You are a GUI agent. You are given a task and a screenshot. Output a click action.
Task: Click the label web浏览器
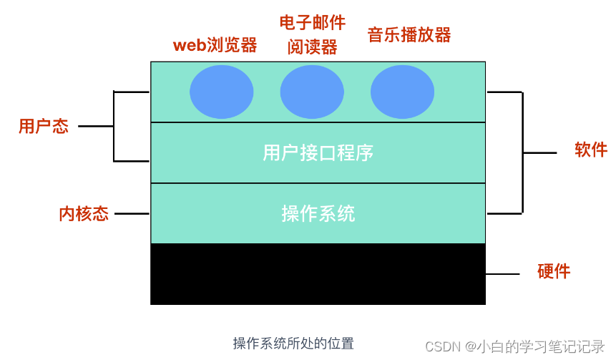point(215,45)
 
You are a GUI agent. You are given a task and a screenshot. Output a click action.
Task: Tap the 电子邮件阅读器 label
point(312,34)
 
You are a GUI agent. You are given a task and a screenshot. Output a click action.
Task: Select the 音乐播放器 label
point(409,34)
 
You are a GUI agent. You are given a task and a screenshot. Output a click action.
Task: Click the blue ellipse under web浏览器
point(221,92)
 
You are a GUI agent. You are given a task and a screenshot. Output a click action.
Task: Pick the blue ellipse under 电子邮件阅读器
point(312,92)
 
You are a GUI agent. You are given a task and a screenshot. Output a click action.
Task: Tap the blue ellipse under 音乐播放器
point(402,92)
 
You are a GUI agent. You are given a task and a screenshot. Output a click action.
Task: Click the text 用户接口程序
point(318,152)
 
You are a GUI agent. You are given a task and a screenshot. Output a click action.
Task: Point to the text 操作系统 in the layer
point(318,213)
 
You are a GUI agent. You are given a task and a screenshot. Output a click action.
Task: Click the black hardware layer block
point(318,274)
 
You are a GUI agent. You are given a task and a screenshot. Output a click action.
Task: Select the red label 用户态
point(44,127)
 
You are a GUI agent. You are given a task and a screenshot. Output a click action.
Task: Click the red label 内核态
point(84,213)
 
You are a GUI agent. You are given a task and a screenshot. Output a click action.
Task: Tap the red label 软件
point(591,150)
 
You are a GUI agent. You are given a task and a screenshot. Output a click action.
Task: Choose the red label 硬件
point(554,271)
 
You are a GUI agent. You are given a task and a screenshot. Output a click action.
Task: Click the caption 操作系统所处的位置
point(293,344)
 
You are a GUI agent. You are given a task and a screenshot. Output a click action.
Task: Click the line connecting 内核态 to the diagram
point(132,213)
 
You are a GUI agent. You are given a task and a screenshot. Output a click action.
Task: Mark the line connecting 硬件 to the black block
point(502,273)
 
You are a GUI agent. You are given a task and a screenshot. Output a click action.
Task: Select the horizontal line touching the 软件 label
point(539,152)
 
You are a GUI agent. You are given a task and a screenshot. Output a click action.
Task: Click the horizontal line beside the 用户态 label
point(96,127)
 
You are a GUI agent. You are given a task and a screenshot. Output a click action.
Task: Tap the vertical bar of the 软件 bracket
point(522,152)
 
